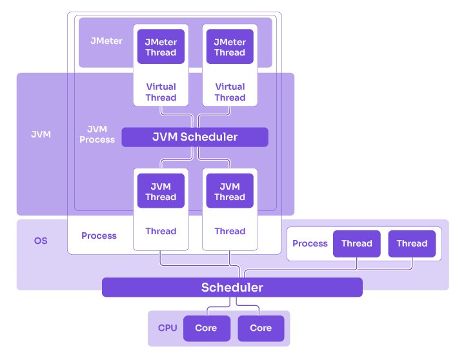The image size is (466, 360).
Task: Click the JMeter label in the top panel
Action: (x=106, y=41)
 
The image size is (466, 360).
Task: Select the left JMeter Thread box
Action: (x=161, y=47)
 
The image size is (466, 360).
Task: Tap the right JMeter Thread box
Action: (x=230, y=47)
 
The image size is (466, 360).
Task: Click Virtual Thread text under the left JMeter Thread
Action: (x=161, y=92)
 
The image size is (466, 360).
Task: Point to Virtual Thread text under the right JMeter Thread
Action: (x=230, y=92)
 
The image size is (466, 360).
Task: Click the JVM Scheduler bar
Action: (x=194, y=137)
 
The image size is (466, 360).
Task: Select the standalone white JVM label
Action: (x=41, y=135)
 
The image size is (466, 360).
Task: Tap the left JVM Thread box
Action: (x=161, y=192)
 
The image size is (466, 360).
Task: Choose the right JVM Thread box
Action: (x=230, y=192)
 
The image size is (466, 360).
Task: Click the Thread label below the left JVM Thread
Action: (x=161, y=231)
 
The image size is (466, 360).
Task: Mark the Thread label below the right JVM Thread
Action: (x=230, y=231)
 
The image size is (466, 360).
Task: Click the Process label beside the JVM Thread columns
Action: (x=99, y=235)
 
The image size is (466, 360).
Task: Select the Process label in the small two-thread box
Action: (x=310, y=243)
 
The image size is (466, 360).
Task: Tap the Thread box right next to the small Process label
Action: (x=356, y=243)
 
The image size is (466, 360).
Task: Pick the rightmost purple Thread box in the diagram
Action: (x=412, y=243)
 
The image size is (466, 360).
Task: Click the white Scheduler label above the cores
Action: (x=232, y=288)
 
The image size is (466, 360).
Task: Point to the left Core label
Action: (x=206, y=328)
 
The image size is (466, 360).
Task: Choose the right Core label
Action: (x=261, y=328)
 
